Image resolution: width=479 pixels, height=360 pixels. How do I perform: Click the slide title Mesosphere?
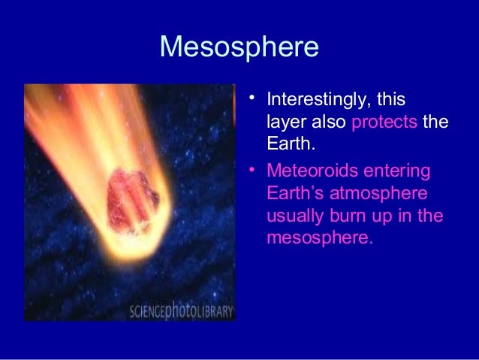tap(239, 47)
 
